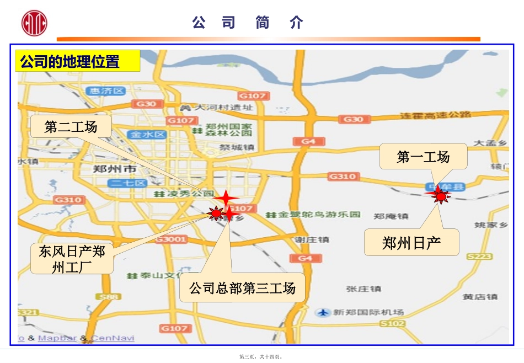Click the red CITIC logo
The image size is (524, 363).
coord(34,23)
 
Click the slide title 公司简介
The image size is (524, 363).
coord(248,23)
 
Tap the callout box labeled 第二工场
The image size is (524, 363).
coord(71,127)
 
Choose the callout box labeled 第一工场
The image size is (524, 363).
coord(423,157)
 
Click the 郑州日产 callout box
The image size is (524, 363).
coord(411,243)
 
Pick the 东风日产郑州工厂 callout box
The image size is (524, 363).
coord(72,258)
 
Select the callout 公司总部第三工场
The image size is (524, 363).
coord(242,287)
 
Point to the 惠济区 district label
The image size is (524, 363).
coord(108,91)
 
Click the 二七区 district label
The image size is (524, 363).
coord(127,183)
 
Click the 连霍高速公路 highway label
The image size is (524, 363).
coord(436,115)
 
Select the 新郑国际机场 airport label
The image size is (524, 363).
coord(367,312)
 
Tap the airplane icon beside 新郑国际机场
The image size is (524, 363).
coord(324,312)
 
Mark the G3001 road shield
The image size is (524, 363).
coord(171,239)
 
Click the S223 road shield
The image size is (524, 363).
coord(478,257)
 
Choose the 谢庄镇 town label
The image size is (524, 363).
coord(312,239)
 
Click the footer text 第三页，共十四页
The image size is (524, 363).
coord(261,357)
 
